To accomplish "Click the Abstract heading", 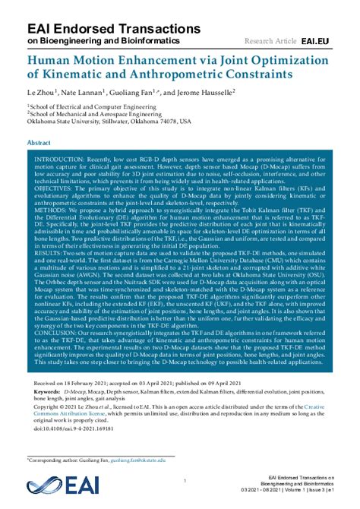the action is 39,142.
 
